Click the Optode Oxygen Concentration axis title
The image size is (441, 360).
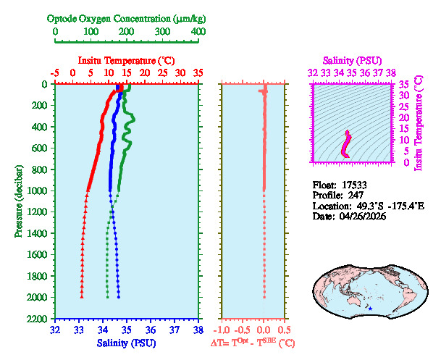pyautogui.click(x=127, y=17)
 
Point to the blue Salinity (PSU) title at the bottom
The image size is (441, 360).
pyautogui.click(x=127, y=342)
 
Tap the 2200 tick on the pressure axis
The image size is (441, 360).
pyautogui.click(x=38, y=319)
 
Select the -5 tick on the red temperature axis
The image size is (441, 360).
pyautogui.click(x=55, y=73)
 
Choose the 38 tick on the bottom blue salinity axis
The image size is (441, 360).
pyautogui.click(x=198, y=330)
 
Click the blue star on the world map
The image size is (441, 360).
pyautogui.click(x=370, y=309)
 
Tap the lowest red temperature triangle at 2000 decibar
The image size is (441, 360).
pyautogui.click(x=82, y=297)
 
